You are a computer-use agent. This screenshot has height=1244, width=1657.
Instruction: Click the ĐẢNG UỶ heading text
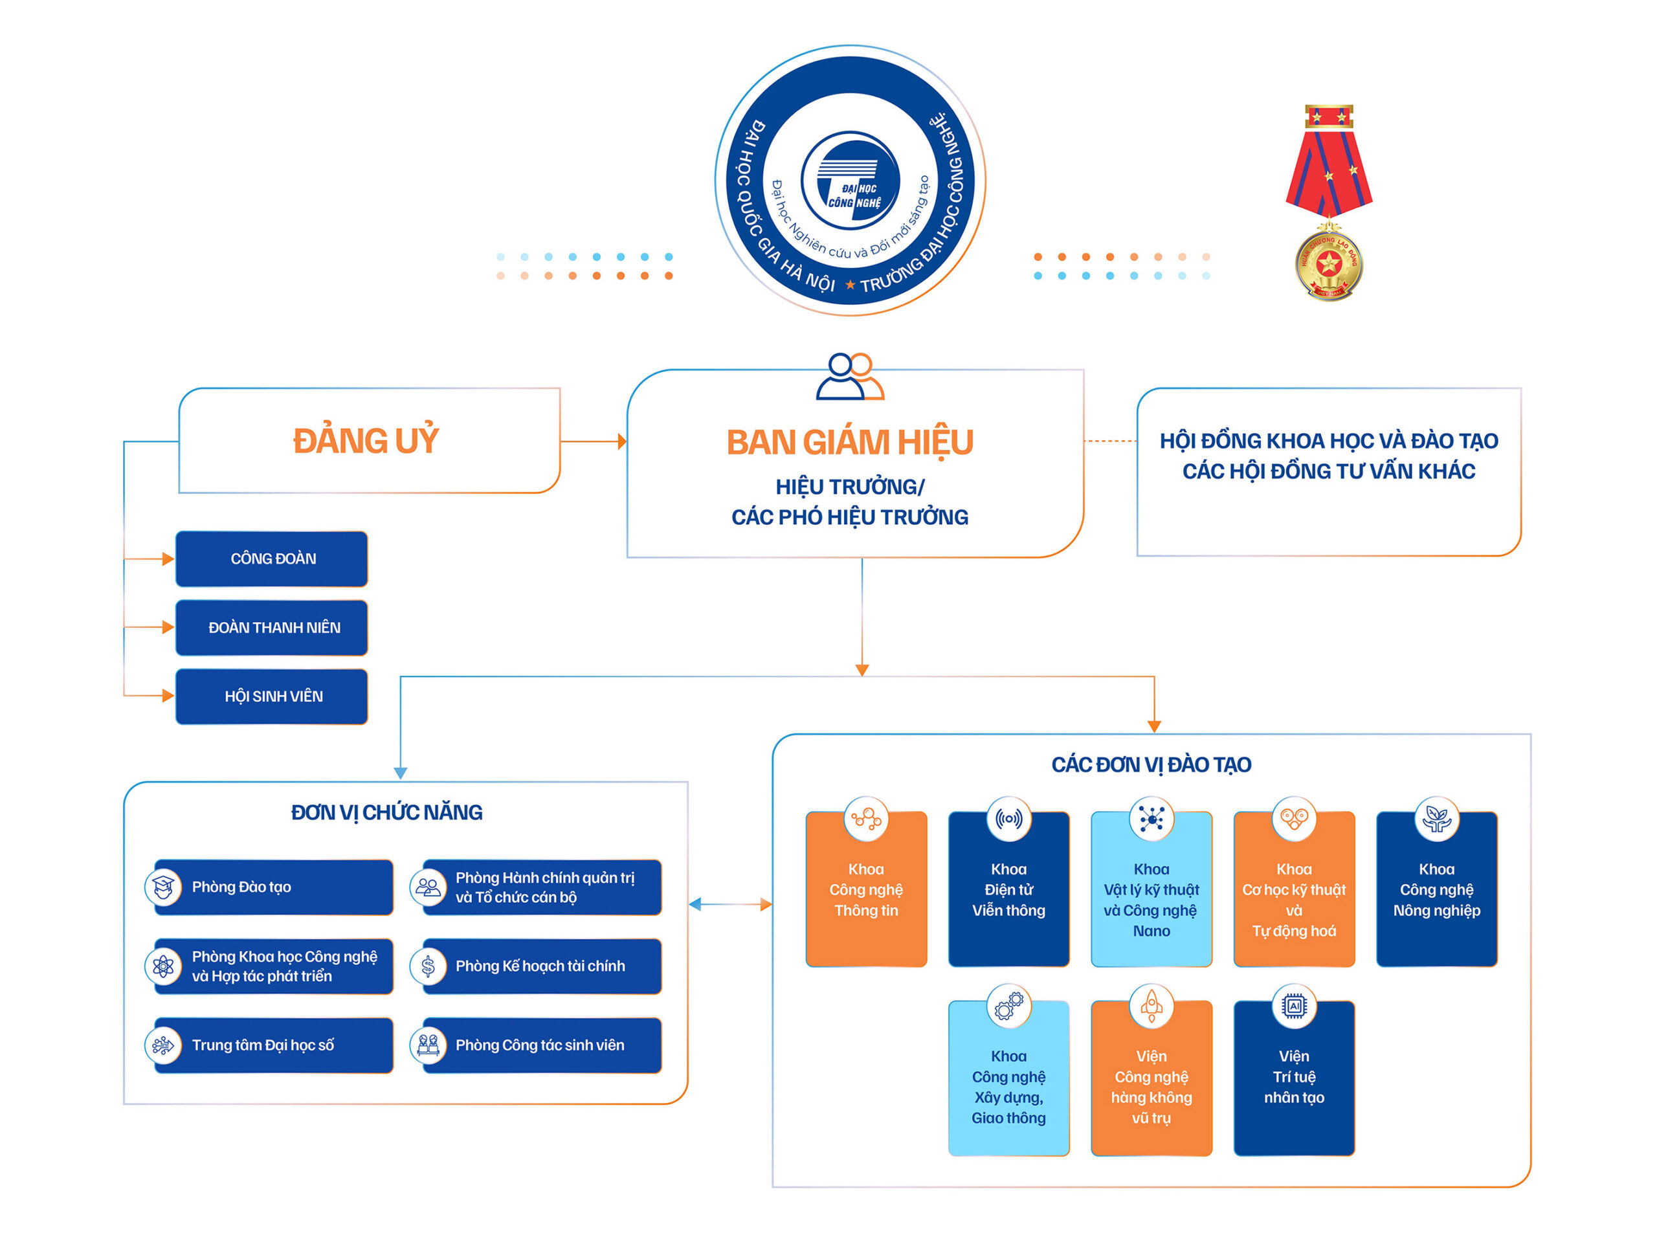tap(366, 441)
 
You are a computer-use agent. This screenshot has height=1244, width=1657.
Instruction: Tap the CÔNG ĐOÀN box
tap(272, 559)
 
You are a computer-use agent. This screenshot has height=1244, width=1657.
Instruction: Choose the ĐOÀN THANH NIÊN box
tap(272, 628)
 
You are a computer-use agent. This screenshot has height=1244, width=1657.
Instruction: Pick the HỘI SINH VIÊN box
tap(272, 696)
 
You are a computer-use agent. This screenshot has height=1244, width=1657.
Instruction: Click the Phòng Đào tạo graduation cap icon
tap(163, 887)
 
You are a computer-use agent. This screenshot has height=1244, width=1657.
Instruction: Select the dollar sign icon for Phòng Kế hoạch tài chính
tap(428, 966)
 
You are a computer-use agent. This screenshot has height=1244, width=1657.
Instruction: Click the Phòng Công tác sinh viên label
tap(539, 1045)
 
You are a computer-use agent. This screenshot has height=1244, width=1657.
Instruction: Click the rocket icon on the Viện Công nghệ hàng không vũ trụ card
tap(1151, 1006)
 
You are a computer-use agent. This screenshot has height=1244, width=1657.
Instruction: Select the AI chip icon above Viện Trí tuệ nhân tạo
tap(1294, 1006)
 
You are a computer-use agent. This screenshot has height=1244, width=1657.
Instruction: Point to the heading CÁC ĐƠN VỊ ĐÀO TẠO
tap(1151, 764)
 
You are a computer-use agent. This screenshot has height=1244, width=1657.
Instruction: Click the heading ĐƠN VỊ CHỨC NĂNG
tap(386, 812)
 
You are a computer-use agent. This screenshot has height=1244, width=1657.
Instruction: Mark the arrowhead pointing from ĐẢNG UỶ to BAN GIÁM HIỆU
tap(622, 442)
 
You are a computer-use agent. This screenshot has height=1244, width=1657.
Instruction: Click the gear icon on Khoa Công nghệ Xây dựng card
tap(1008, 1006)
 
